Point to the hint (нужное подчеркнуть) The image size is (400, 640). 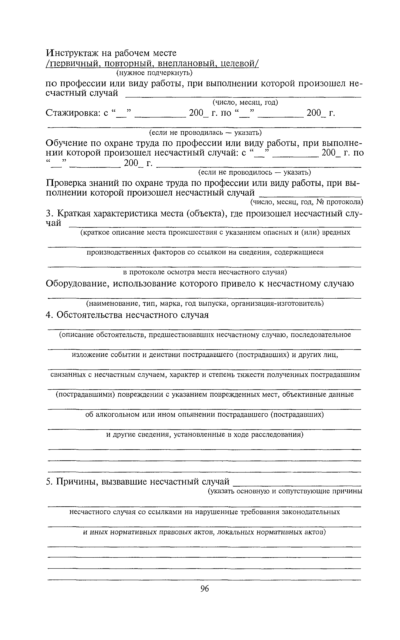pyautogui.click(x=155, y=73)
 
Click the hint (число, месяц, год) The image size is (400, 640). pyautogui.click(x=245, y=102)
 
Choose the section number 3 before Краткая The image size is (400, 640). pyautogui.click(x=48, y=213)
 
